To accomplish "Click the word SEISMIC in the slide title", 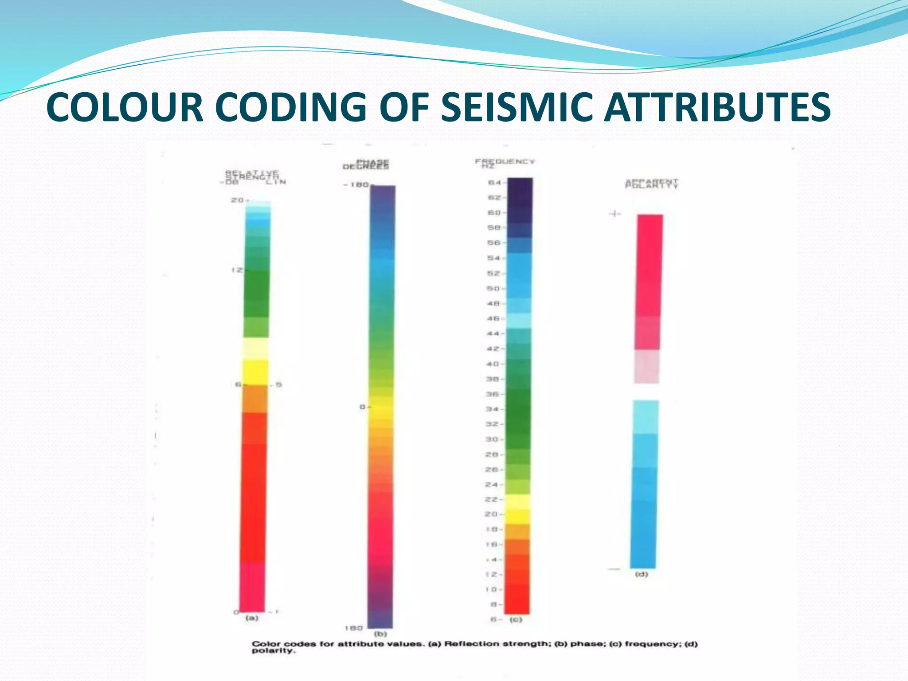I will [516, 107].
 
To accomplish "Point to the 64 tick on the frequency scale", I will [495, 183].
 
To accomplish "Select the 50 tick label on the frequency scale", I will [494, 289].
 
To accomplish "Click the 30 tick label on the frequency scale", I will [492, 439].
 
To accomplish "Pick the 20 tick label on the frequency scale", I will [491, 514].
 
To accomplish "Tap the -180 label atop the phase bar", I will [356, 184].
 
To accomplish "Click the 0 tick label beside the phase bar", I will [363, 407].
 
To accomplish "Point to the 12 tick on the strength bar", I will [237, 270].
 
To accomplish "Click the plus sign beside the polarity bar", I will [615, 214].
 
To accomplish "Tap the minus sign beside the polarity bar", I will [614, 569].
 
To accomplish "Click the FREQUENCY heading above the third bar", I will [505, 162].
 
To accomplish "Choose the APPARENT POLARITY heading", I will [651, 184].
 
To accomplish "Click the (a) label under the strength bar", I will [252, 618].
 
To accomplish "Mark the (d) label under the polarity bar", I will [642, 574].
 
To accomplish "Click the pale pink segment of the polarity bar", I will [646, 367].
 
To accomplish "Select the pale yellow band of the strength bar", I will [255, 348].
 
